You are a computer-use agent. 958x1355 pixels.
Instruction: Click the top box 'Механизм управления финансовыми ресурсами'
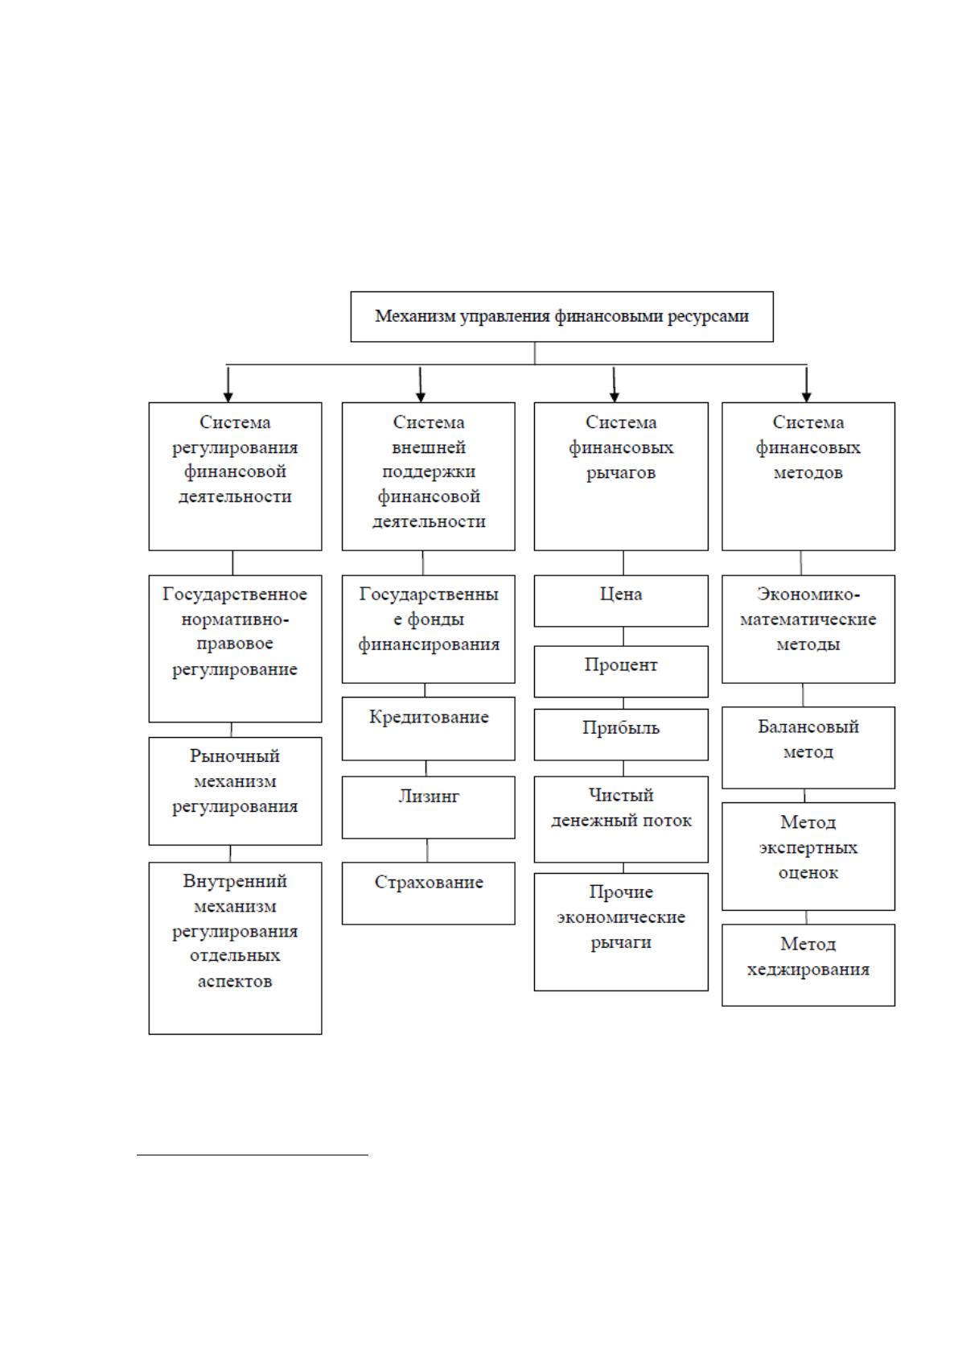pyautogui.click(x=561, y=316)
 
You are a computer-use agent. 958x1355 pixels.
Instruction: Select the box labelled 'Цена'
pyautogui.click(x=620, y=601)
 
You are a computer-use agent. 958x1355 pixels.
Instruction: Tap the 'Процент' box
pyautogui.click(x=620, y=671)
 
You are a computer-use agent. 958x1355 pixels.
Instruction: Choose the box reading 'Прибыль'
pyautogui.click(x=620, y=735)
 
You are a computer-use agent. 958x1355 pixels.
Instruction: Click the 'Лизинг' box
pyautogui.click(x=428, y=808)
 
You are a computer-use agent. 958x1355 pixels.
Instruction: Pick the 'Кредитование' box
pyautogui.click(x=428, y=728)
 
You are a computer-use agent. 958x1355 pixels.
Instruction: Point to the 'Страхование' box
pyautogui.click(x=428, y=893)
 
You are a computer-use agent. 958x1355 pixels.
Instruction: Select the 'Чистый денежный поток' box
pyautogui.click(x=620, y=820)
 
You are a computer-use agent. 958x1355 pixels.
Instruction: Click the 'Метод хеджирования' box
pyautogui.click(x=808, y=965)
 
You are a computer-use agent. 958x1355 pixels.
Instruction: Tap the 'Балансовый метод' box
pyautogui.click(x=808, y=748)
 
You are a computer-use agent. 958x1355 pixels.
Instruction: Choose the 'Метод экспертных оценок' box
pyautogui.click(x=808, y=857)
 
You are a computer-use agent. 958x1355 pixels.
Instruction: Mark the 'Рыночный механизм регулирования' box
pyautogui.click(x=235, y=791)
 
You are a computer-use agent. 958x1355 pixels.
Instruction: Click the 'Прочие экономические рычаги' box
pyautogui.click(x=620, y=932)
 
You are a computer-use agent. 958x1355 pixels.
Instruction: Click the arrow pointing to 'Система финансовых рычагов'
pyautogui.click(x=614, y=384)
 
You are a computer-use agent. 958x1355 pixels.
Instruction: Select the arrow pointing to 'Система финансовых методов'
pyautogui.click(x=806, y=384)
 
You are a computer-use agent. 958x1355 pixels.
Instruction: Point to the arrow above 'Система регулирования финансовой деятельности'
pyautogui.click(x=228, y=384)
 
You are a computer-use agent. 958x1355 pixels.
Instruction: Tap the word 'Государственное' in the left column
pyautogui.click(x=235, y=595)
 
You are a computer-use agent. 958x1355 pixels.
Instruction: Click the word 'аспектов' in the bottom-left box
pyautogui.click(x=235, y=981)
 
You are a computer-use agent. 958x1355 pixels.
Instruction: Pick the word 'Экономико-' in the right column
pyautogui.click(x=808, y=595)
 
